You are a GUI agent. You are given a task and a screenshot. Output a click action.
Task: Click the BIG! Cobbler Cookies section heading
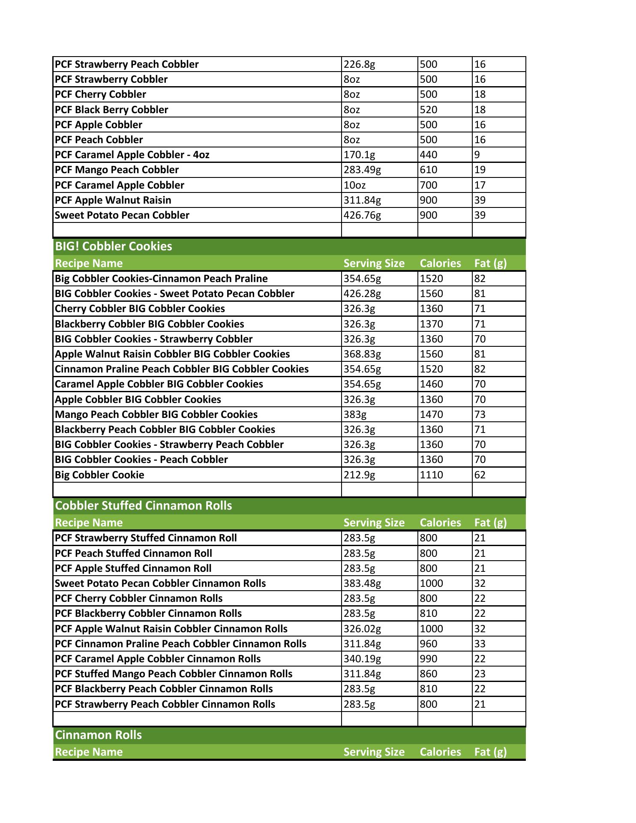pyautogui.click(x=114, y=246)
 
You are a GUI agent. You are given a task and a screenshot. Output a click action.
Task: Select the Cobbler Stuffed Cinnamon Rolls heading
pyautogui.click(x=144, y=505)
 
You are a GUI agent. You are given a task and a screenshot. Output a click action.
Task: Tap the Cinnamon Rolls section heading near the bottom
pyautogui.click(x=99, y=735)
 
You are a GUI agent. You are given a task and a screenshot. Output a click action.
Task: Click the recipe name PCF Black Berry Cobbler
pyautogui.click(x=111, y=110)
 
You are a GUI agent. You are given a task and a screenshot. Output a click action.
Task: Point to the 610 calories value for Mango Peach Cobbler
pyautogui.click(x=429, y=170)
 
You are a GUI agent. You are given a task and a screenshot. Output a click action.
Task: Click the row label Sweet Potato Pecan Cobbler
pyautogui.click(x=122, y=215)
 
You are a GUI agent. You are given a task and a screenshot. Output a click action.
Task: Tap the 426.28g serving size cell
pyautogui.click(x=362, y=294)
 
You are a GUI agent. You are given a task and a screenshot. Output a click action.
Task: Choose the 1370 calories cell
pyautogui.click(x=432, y=324)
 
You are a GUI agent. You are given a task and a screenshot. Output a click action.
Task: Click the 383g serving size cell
pyautogui.click(x=355, y=415)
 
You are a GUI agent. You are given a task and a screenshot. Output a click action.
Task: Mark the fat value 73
pyautogui.click(x=480, y=415)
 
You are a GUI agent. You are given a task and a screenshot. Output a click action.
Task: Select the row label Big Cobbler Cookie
pyautogui.click(x=99, y=475)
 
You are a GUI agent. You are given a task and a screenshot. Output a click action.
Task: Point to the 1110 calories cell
pyautogui.click(x=432, y=475)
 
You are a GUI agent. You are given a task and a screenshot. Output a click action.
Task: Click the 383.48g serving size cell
pyautogui.click(x=362, y=583)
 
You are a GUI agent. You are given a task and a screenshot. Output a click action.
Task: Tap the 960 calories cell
pyautogui.click(x=429, y=644)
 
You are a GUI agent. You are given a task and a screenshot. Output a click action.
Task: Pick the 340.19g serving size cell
pyautogui.click(x=362, y=659)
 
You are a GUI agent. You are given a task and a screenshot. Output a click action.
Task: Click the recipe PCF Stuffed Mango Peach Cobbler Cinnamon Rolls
pyautogui.click(x=174, y=674)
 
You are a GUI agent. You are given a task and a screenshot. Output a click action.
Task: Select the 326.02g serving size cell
pyautogui.click(x=362, y=629)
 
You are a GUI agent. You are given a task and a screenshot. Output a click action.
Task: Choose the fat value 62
pyautogui.click(x=480, y=475)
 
